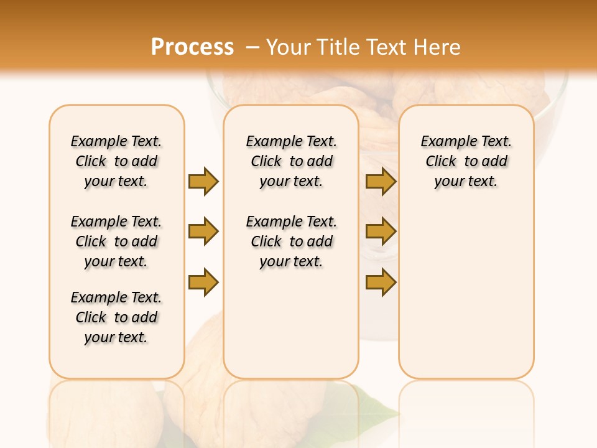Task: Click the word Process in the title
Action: pyautogui.click(x=192, y=47)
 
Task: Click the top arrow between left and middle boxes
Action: pyautogui.click(x=203, y=181)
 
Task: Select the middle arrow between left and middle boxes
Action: pyautogui.click(x=203, y=232)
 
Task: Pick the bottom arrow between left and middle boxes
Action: pyautogui.click(x=203, y=282)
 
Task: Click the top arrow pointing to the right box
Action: pyautogui.click(x=381, y=181)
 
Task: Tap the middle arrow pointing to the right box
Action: pyautogui.click(x=381, y=232)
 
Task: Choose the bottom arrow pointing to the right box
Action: pyautogui.click(x=381, y=282)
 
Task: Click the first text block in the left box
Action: pyautogui.click(x=116, y=161)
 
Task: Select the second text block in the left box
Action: pyautogui.click(x=116, y=241)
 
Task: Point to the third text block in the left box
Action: pyautogui.click(x=116, y=317)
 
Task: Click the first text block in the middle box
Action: pyautogui.click(x=292, y=161)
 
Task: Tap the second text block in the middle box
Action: pyautogui.click(x=292, y=241)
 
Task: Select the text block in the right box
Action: pyautogui.click(x=466, y=161)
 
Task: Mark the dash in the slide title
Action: pyautogui.click(x=252, y=47)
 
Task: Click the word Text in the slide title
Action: pyautogui.click(x=386, y=47)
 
